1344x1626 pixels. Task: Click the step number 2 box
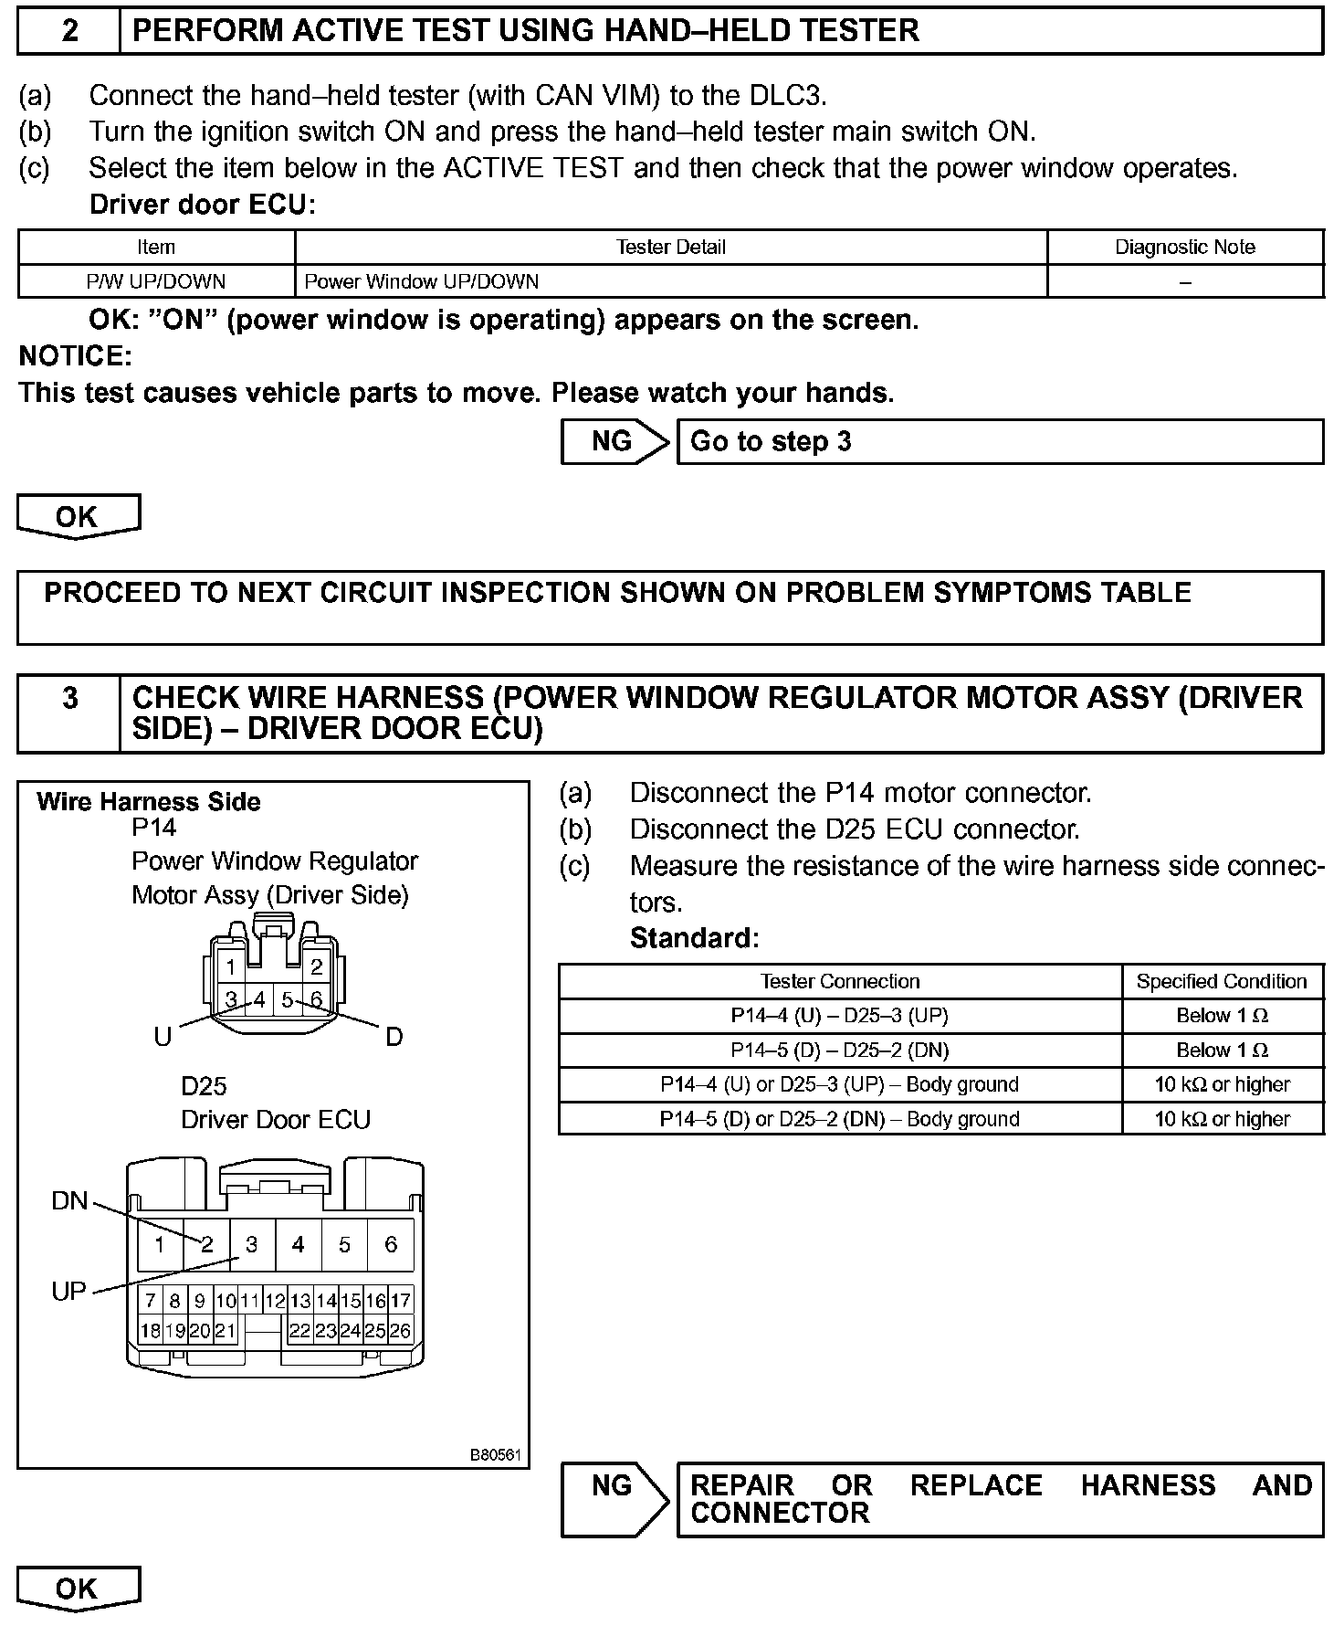[69, 31]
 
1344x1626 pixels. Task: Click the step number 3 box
[69, 713]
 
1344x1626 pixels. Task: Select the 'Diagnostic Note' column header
[1184, 247]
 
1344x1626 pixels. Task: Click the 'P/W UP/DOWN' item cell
[156, 281]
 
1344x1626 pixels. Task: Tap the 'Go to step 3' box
[999, 441]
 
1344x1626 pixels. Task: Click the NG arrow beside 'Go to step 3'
[614, 441]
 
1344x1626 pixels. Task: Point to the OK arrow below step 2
[78, 516]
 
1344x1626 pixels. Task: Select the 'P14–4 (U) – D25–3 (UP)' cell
[839, 1016]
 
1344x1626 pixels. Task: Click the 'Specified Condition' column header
[1222, 981]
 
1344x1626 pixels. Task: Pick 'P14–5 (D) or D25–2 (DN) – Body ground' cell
[839, 1119]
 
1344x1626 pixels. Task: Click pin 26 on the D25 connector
[400, 1331]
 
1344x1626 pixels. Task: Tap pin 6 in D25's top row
[391, 1244]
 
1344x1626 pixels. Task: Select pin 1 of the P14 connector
[231, 967]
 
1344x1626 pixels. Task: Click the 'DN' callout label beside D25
[69, 1200]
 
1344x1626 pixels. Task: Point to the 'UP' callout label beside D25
[68, 1291]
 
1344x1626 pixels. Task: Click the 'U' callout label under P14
[163, 1037]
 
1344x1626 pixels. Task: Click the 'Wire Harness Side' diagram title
[149, 802]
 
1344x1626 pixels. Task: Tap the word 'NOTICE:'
[76, 356]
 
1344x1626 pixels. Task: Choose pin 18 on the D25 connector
[151, 1331]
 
